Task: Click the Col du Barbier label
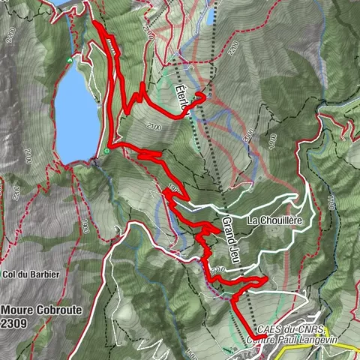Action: (31, 274)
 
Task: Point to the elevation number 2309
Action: (16, 322)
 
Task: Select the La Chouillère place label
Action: (274, 220)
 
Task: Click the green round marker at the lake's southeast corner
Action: (106, 151)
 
